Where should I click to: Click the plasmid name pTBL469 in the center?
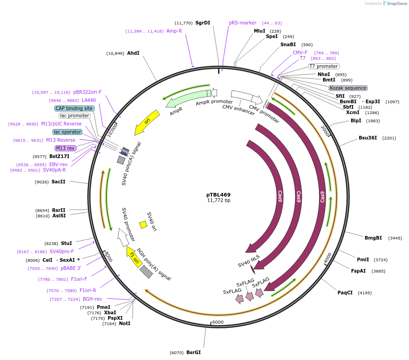point(219,195)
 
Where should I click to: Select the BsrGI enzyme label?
point(193,352)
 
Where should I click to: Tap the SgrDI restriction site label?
point(203,23)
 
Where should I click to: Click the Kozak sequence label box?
point(348,88)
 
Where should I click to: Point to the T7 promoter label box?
point(323,66)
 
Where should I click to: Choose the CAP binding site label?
point(74,108)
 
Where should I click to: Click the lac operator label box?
point(67,132)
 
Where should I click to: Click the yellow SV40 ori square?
point(143,224)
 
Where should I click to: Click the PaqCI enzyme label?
point(345,293)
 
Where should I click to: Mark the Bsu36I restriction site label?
point(368,138)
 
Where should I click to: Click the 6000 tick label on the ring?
point(218,322)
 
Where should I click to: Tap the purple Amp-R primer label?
point(174,31)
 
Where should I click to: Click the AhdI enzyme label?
point(133,53)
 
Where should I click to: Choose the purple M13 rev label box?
point(66,148)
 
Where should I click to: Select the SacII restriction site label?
point(58,182)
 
